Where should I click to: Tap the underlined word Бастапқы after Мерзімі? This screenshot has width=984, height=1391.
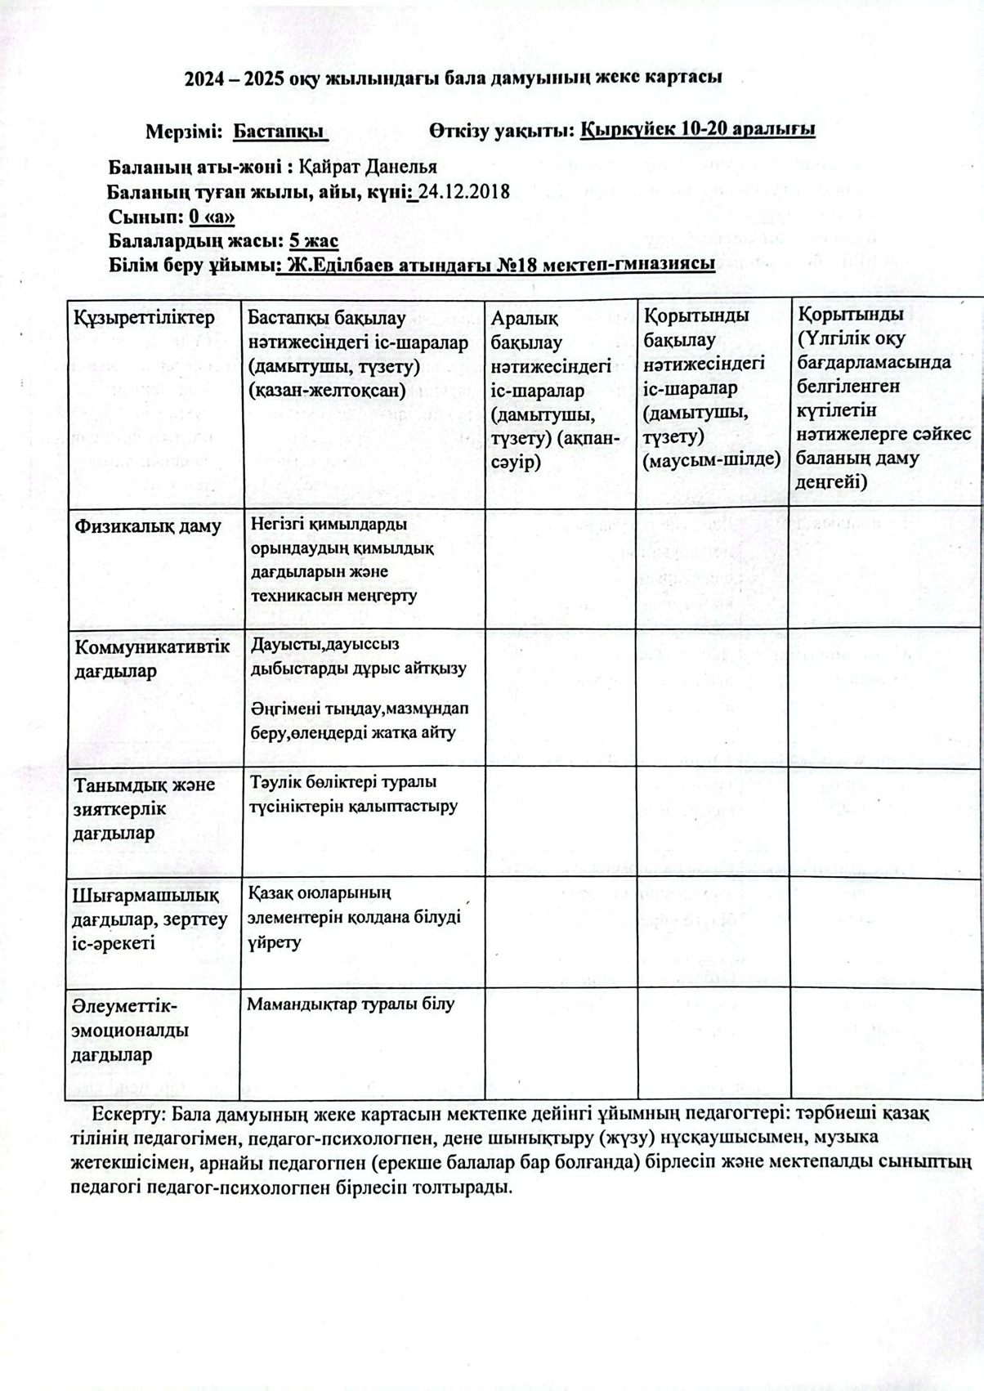pyautogui.click(x=280, y=131)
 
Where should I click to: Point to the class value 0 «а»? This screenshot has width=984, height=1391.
pyautogui.click(x=212, y=217)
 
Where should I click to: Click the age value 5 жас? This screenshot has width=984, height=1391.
pyautogui.click(x=314, y=242)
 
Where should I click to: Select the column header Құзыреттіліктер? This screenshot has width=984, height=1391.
pyautogui.click(x=145, y=317)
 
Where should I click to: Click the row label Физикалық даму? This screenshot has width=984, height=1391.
pyautogui.click(x=148, y=526)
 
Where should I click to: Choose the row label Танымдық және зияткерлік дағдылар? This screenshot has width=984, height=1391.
pyautogui.click(x=145, y=808)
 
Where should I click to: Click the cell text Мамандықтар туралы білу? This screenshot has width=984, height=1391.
pyautogui.click(x=351, y=1004)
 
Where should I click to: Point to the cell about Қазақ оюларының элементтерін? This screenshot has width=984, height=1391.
pyautogui.click(x=355, y=917)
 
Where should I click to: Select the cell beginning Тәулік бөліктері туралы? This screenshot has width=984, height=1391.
pyautogui.click(x=354, y=794)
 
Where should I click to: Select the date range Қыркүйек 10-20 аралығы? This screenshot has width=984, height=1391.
pyautogui.click(x=697, y=130)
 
